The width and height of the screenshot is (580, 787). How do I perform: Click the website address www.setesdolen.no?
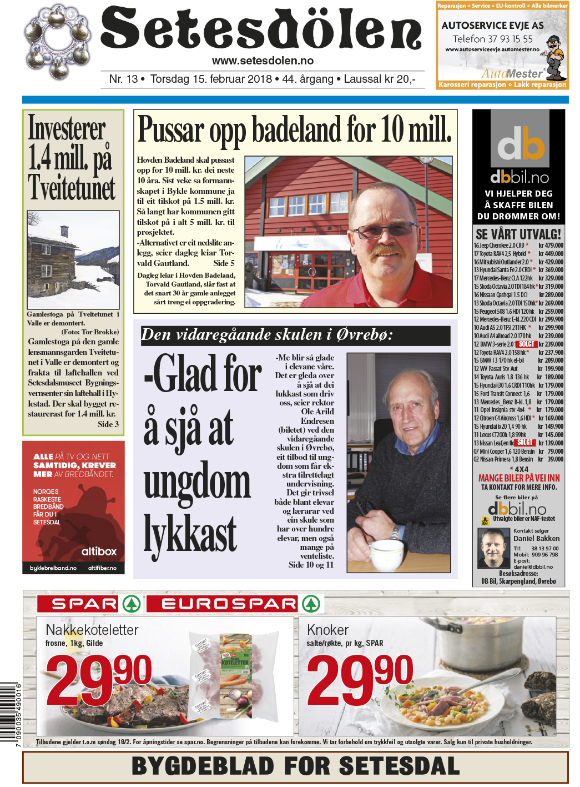click(x=263, y=61)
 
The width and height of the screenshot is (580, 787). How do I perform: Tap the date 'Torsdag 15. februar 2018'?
click(x=211, y=79)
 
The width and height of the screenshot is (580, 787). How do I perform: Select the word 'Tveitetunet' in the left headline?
click(x=72, y=188)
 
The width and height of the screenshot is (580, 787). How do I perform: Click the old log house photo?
click(x=73, y=259)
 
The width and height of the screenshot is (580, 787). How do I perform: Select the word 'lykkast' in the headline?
click(x=190, y=533)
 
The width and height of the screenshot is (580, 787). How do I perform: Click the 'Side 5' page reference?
click(x=224, y=263)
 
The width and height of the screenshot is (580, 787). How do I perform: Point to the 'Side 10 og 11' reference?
click(x=311, y=565)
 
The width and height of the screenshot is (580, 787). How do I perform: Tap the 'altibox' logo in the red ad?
click(x=99, y=552)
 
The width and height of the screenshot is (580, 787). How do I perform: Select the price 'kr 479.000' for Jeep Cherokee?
click(x=551, y=245)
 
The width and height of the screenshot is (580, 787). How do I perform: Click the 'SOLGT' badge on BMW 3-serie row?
click(x=526, y=344)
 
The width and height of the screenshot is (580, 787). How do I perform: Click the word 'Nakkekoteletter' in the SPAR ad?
click(x=92, y=630)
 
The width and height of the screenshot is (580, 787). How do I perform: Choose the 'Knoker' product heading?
click(x=327, y=630)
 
